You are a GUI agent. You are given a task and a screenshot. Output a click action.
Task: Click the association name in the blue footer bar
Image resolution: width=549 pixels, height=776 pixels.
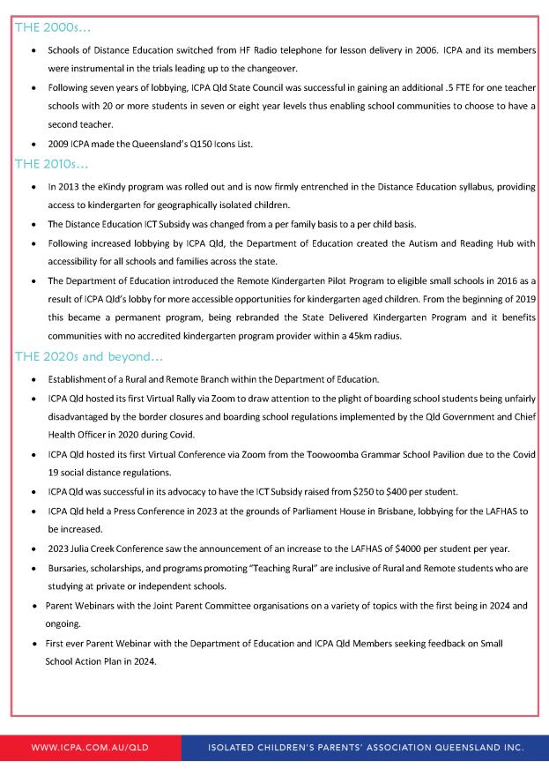pyautogui.click(x=366, y=747)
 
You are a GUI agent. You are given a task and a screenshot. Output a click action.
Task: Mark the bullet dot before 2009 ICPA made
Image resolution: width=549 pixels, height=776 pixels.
pyautogui.click(x=33, y=144)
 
